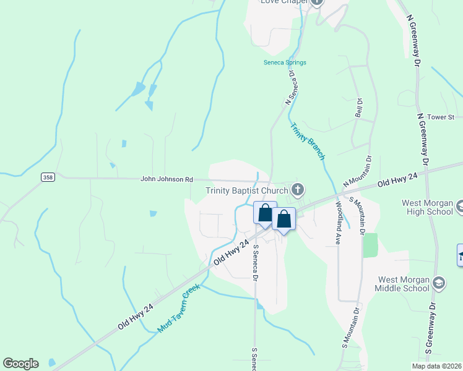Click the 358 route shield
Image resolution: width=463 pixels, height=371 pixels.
(48, 177)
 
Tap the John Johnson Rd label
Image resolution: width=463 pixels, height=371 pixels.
(167, 179)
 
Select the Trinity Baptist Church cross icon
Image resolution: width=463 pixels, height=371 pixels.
(298, 189)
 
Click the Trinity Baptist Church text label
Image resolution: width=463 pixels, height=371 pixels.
(248, 190)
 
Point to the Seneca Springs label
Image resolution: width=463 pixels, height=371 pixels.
(285, 62)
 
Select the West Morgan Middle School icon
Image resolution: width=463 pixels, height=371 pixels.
(439, 282)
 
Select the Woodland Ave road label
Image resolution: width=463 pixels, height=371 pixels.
(339, 223)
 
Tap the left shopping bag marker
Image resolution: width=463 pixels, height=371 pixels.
(265, 213)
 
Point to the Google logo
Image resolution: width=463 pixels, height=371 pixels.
(20, 364)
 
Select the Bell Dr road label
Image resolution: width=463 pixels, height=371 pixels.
(358, 108)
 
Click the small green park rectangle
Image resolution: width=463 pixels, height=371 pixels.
(370, 245)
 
